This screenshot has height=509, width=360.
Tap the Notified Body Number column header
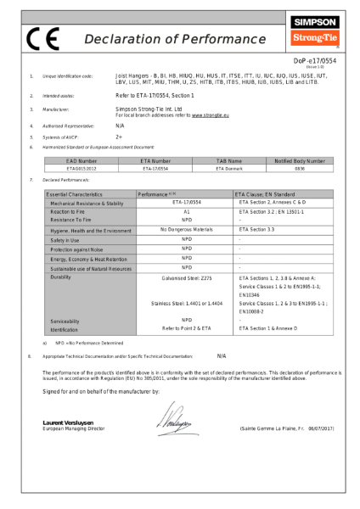[300, 160]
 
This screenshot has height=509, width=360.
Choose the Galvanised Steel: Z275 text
[186, 277]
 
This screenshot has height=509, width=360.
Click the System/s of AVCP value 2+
[119, 136]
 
